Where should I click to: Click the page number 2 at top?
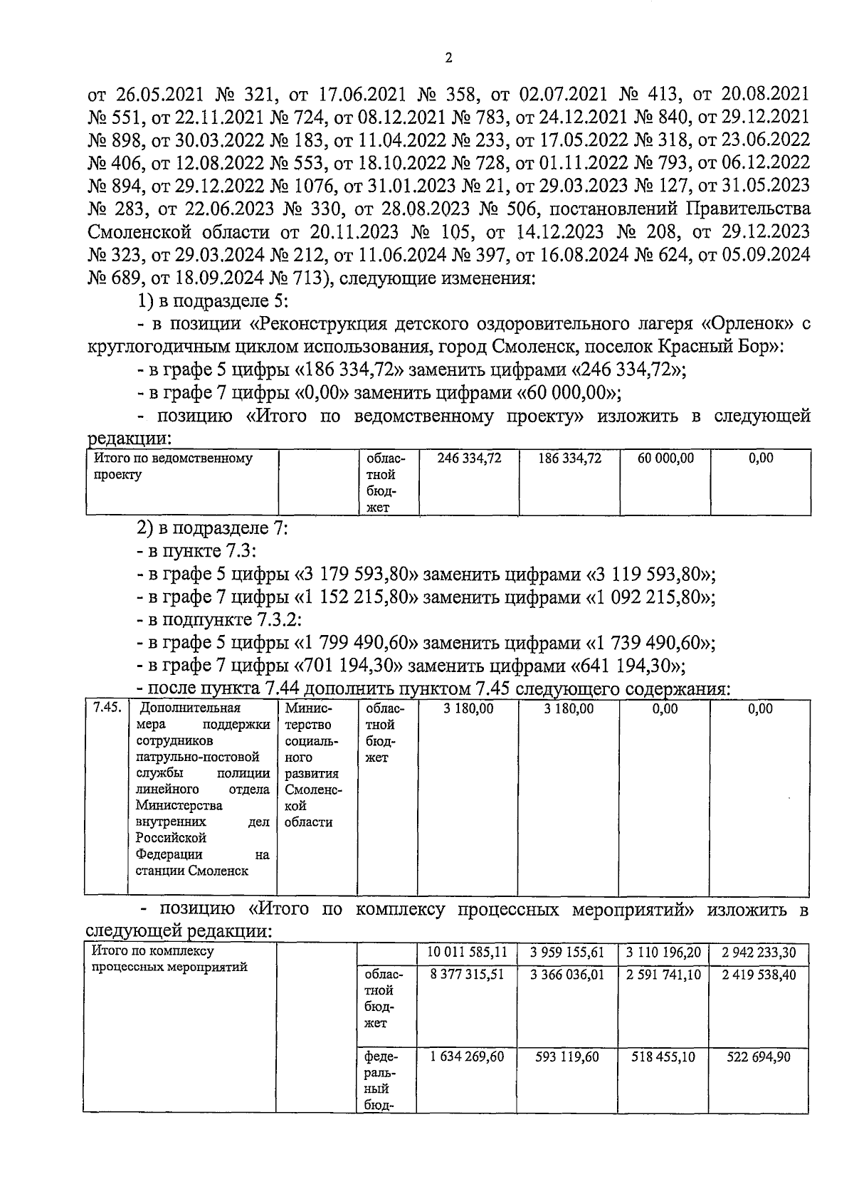(x=448, y=58)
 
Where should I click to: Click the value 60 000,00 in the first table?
(x=665, y=459)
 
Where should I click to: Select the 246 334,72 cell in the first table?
(x=469, y=459)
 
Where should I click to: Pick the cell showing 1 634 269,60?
(x=468, y=1057)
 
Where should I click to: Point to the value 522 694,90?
(x=759, y=1057)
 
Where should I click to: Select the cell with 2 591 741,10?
(x=665, y=975)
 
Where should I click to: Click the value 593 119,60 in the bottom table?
(x=567, y=1057)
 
